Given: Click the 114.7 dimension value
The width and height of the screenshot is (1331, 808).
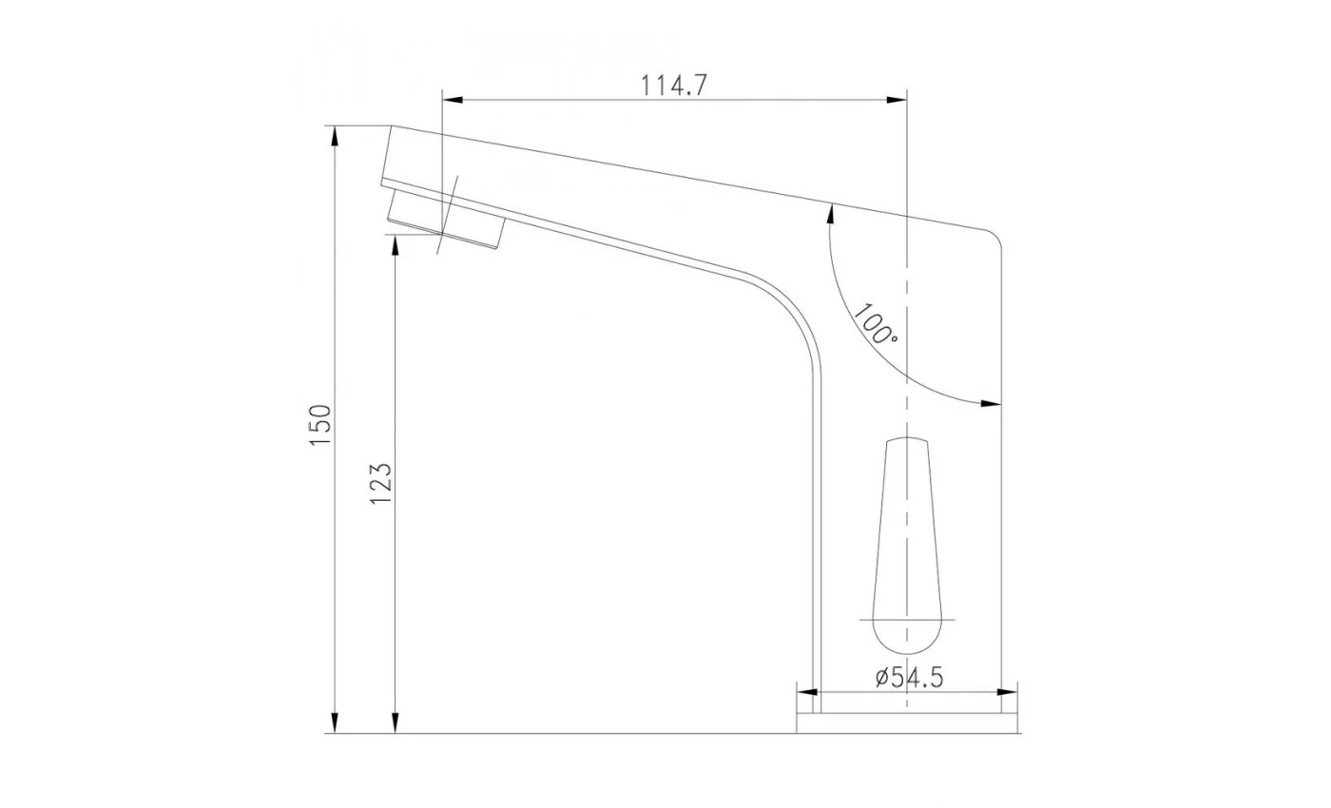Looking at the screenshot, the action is [x=674, y=87].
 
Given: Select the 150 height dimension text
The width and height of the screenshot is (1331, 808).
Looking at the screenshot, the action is [x=320, y=426].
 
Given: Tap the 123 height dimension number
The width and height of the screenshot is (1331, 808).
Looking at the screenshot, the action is [x=381, y=484].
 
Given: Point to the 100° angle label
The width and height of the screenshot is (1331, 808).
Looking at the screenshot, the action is [x=876, y=324].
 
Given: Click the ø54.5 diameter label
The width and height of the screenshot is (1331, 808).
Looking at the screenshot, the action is [x=909, y=677].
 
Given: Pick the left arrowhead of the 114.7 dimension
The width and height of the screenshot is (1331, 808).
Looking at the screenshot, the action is [x=453, y=100].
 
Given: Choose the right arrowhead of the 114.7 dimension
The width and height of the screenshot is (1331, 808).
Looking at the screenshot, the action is [x=897, y=100].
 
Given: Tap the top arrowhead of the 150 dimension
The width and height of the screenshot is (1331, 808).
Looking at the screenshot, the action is [x=335, y=136].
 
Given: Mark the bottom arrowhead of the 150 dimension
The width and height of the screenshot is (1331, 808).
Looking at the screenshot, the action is [x=335, y=723].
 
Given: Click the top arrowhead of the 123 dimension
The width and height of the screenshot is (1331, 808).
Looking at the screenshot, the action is [x=395, y=245].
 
